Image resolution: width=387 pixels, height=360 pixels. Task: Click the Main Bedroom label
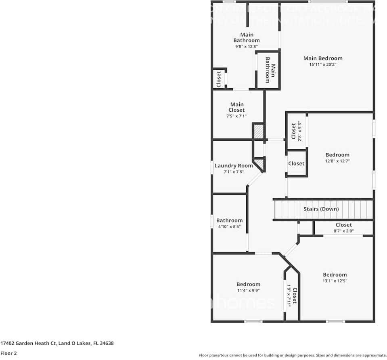tap(323, 58)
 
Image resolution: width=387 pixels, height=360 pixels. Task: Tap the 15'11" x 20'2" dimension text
tap(323, 64)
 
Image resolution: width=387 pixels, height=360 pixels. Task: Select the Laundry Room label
tap(234, 166)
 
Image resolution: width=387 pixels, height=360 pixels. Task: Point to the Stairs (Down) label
tap(321, 209)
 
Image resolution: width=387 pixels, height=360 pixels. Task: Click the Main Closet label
tap(236, 107)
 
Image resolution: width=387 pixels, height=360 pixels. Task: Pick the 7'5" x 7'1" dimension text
tap(236, 116)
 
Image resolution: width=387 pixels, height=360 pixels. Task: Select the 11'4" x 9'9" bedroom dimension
tap(248, 290)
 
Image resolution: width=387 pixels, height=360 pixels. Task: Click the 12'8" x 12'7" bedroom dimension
tap(337, 161)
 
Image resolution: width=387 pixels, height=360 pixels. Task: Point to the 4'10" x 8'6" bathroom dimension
tap(229, 227)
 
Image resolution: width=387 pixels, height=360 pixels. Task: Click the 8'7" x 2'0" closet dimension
tap(343, 231)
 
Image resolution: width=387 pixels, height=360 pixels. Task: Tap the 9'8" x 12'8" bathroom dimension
tap(246, 46)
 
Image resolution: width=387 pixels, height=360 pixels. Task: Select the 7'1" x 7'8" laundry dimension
tap(234, 172)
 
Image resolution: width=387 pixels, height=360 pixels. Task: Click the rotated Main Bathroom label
tap(270, 70)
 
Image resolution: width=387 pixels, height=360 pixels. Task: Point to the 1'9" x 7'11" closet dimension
tap(289, 297)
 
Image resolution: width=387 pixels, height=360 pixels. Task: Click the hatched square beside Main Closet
tap(259, 131)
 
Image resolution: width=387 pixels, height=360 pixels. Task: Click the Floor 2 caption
tap(9, 353)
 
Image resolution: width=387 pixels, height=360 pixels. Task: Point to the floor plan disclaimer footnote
tap(293, 355)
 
